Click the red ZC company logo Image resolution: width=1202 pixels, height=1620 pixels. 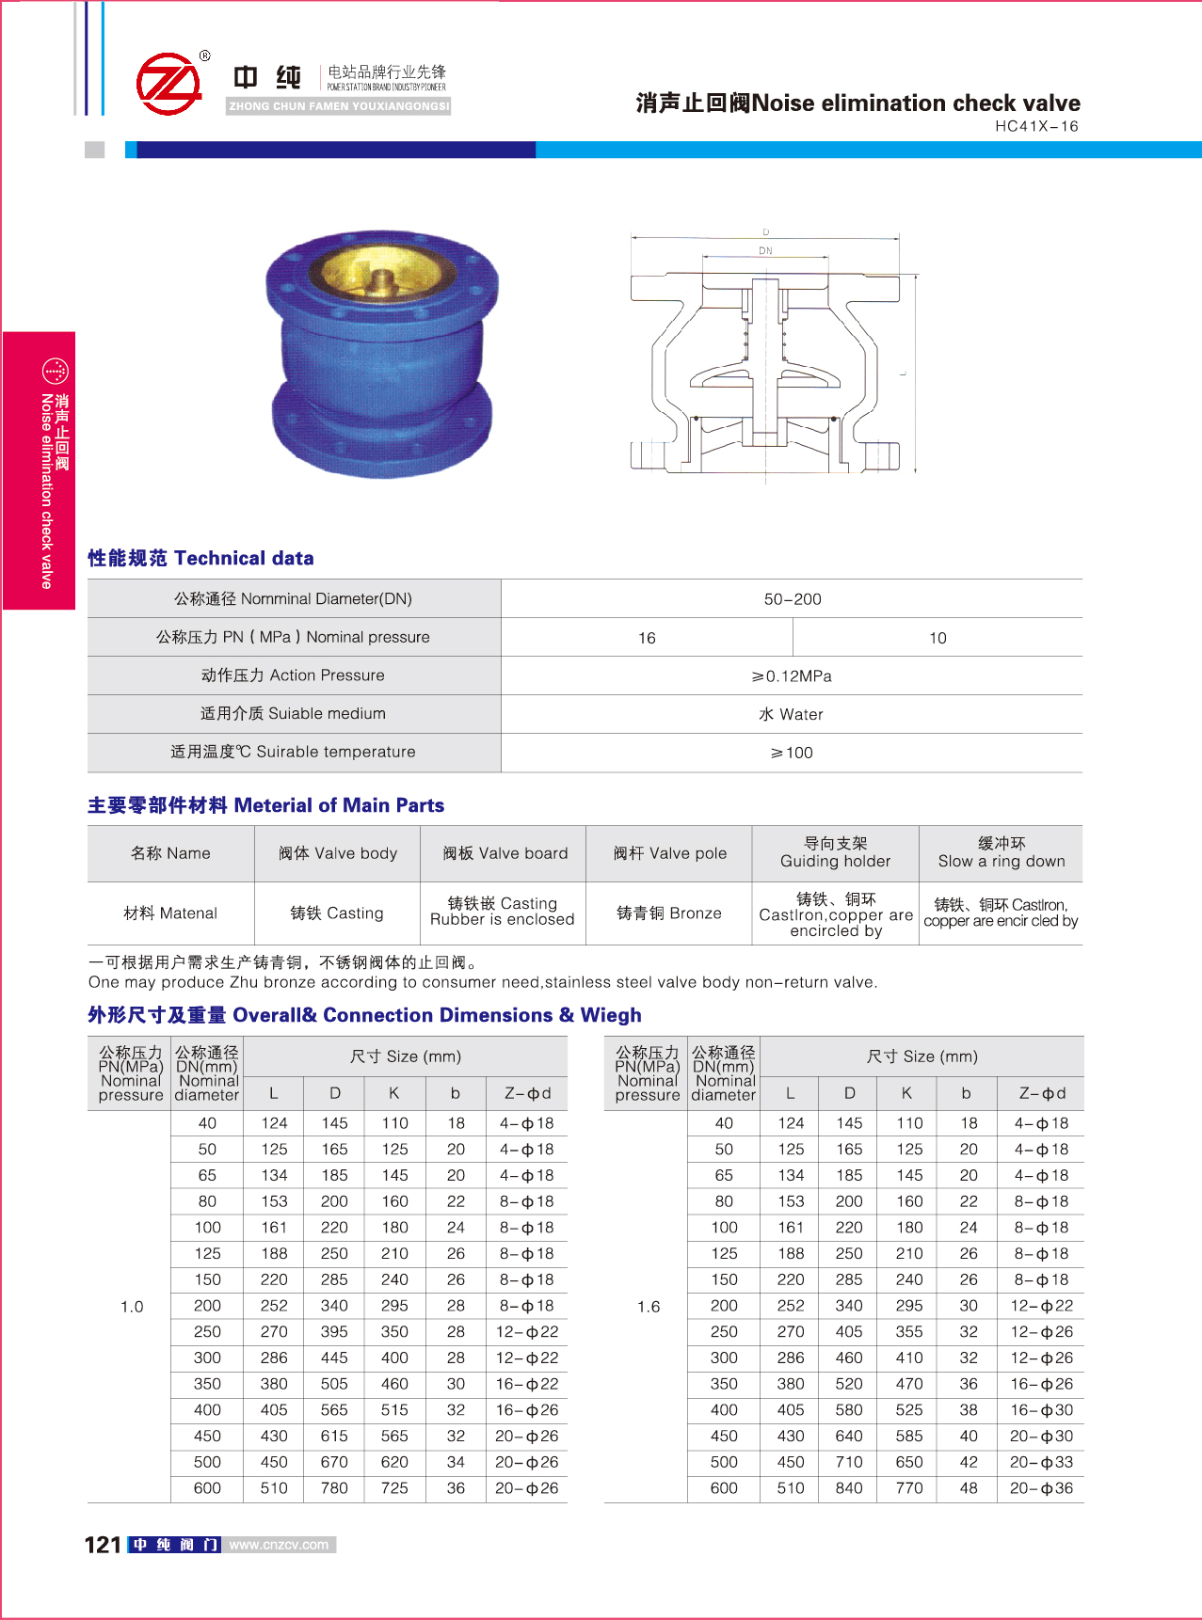[169, 84]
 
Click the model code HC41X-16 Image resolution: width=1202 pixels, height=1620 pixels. [1036, 126]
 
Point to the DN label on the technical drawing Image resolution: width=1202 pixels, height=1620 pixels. [765, 251]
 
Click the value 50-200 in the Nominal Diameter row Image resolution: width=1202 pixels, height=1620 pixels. [793, 599]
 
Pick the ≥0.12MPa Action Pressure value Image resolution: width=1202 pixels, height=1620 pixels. [792, 676]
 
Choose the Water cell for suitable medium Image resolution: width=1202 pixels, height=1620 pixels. [792, 715]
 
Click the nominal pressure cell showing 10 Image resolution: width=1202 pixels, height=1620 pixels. [938, 638]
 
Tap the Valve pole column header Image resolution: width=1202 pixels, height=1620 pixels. [669, 853]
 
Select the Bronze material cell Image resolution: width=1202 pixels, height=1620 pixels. [669, 913]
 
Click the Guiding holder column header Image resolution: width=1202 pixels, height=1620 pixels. [835, 852]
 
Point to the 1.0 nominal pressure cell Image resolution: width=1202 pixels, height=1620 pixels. [132, 1307]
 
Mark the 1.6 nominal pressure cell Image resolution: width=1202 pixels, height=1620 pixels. [649, 1307]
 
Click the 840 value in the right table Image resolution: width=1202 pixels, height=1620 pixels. [849, 1488]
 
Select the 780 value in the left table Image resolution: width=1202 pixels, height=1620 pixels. [334, 1488]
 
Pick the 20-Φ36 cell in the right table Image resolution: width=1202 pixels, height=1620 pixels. [1041, 1488]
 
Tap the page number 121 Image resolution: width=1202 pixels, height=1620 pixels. [103, 1545]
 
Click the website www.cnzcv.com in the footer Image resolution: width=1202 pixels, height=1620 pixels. [279, 1545]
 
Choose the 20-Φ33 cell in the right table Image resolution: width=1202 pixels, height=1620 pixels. [1041, 1462]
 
